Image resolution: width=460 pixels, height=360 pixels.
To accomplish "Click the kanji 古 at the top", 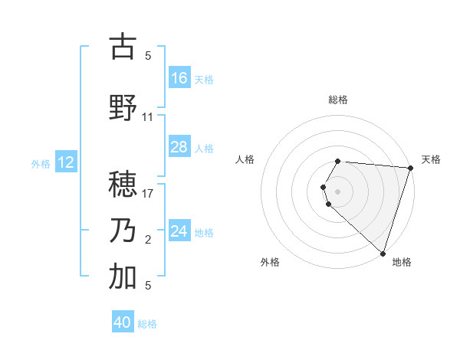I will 123,47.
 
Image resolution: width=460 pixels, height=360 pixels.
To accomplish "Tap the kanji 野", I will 123,107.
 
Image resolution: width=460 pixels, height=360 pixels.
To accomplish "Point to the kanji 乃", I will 123,231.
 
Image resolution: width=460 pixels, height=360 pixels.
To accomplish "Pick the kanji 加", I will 123,278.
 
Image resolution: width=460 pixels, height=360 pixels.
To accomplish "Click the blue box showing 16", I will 179,78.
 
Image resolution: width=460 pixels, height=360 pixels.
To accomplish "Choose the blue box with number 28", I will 179,147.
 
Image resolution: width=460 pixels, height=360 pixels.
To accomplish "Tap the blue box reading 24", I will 179,231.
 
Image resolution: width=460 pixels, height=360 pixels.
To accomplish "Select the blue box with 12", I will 66,162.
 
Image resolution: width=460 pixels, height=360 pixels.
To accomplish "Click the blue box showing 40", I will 123,322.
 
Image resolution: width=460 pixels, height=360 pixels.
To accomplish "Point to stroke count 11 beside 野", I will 148,117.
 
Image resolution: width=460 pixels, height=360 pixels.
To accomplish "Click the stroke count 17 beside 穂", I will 148,193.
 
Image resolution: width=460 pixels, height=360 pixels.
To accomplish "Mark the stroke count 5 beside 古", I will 148,56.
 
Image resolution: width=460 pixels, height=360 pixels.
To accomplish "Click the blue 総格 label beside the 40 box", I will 147,323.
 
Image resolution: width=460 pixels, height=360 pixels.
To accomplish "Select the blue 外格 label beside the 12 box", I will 41,163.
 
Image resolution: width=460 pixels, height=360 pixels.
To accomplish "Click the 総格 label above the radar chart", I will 338,100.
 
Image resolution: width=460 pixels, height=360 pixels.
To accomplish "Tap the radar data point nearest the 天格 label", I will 410,169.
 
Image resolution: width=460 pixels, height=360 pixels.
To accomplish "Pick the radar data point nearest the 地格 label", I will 383,253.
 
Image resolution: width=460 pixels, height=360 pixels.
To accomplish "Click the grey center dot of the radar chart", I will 338,190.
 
